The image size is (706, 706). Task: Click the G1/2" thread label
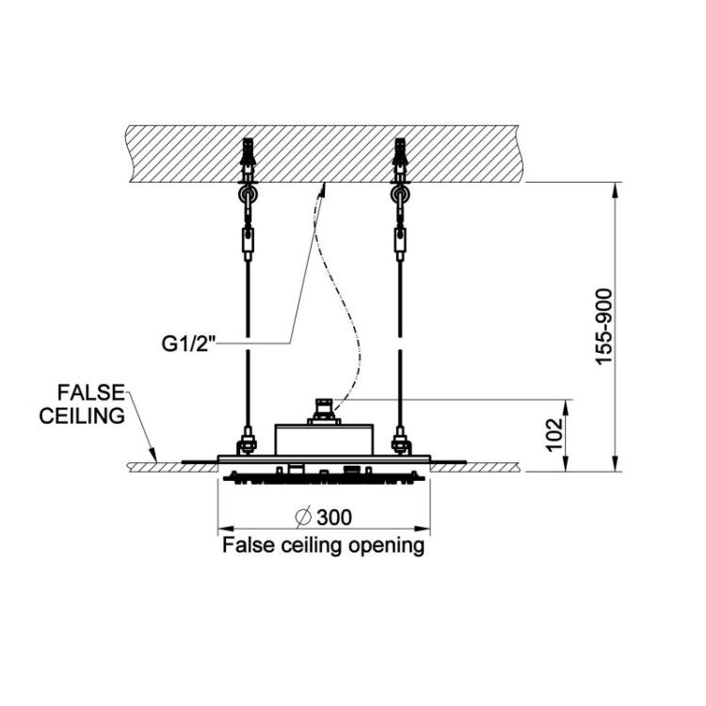[189, 345]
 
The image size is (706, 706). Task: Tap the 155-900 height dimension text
[603, 327]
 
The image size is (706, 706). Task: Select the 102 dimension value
[554, 435]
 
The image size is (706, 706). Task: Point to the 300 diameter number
[334, 518]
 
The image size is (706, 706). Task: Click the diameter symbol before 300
[303, 518]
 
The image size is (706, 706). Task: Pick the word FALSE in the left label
[90, 393]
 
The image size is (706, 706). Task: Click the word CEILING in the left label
[82, 415]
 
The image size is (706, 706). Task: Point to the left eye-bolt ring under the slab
[249, 195]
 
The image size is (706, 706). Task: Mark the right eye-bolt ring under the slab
[400, 195]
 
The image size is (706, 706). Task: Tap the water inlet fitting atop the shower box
[324, 410]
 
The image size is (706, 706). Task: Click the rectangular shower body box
[324, 440]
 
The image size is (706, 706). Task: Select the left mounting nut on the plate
[248, 442]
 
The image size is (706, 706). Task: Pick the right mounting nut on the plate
[401, 442]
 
